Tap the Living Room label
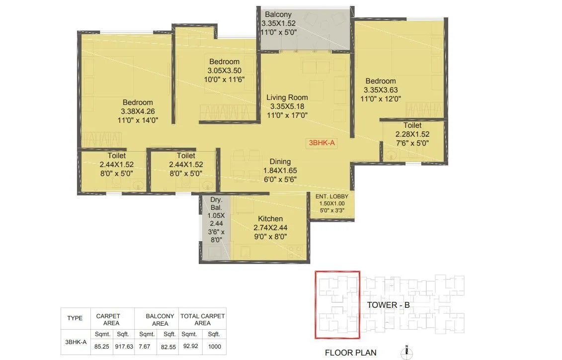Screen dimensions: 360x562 pyautogui.click(x=287, y=97)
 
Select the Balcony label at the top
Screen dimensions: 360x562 pyautogui.click(x=278, y=14)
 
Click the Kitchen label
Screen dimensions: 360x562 pyautogui.click(x=270, y=219)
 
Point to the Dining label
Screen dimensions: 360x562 pyautogui.click(x=280, y=162)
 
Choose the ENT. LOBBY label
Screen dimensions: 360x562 pyautogui.click(x=331, y=196)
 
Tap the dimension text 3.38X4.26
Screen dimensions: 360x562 pyautogui.click(x=138, y=111)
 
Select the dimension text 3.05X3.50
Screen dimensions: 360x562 pyautogui.click(x=224, y=71)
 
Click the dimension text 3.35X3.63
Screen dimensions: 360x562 pyautogui.click(x=381, y=90)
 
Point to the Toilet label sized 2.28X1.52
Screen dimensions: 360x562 pyautogui.click(x=412, y=126)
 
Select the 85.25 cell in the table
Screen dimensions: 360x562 pyautogui.click(x=101, y=346)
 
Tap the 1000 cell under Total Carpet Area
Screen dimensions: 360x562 pyautogui.click(x=214, y=346)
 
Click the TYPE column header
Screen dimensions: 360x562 pyautogui.click(x=75, y=318)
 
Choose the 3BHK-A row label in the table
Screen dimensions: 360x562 pyautogui.click(x=75, y=342)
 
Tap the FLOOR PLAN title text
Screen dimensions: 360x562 pyautogui.click(x=350, y=353)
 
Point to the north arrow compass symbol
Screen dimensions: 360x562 pyautogui.click(x=406, y=352)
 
